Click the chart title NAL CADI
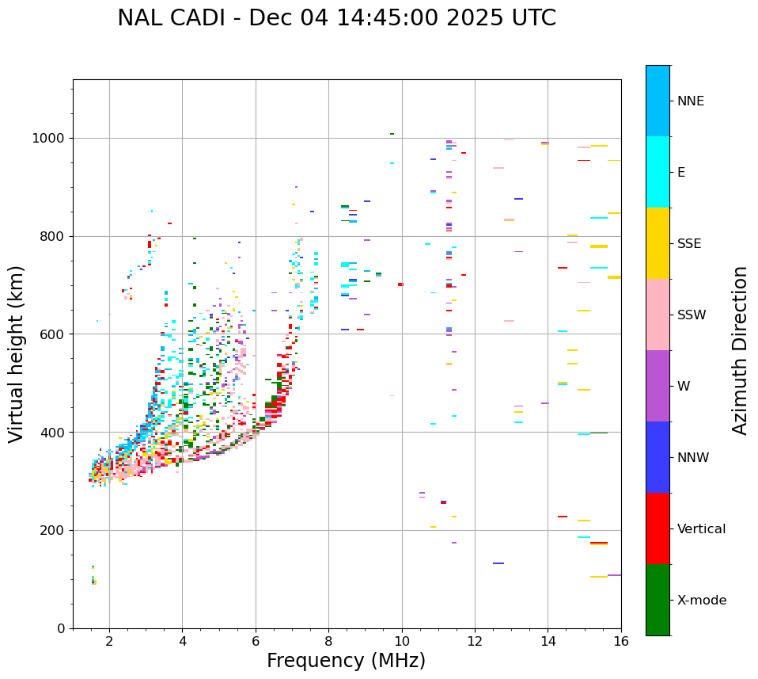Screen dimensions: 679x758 point(336,18)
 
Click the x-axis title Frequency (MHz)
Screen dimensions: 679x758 point(346,661)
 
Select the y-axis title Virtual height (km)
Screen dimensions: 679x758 point(17,353)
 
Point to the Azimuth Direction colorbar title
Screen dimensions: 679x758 point(740,350)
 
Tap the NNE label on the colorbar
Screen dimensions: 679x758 point(690,101)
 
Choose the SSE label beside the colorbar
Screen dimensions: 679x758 point(688,244)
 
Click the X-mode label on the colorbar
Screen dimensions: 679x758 point(702,601)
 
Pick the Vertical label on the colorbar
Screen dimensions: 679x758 point(701,529)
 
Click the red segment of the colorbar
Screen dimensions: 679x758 point(658,528)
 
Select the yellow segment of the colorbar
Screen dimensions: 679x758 point(658,243)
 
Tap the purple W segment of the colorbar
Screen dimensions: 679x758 point(658,386)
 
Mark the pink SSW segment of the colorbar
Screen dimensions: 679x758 point(658,315)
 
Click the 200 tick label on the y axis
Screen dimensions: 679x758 point(55,530)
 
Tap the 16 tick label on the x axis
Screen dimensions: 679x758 point(621,641)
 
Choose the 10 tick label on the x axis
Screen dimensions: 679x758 point(402,641)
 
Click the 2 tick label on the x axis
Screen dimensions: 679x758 point(109,641)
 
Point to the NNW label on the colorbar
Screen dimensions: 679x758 point(693,458)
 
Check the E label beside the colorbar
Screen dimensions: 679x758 point(681,173)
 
